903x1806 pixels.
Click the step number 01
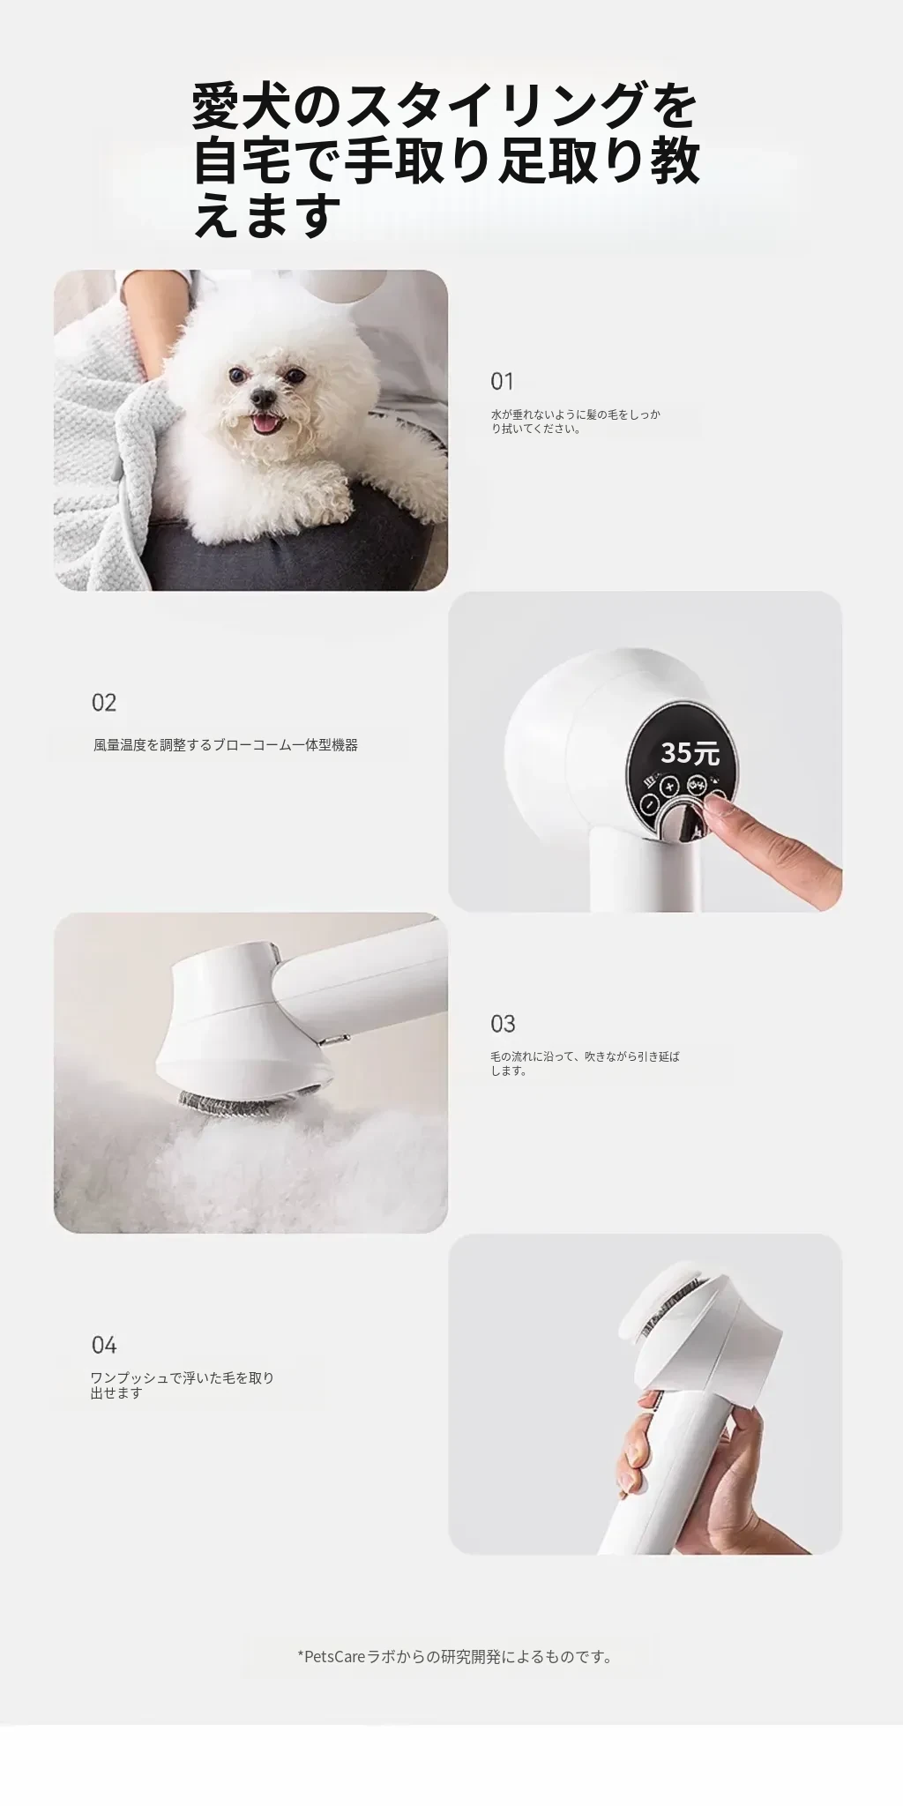[502, 382]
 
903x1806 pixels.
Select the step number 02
[104, 703]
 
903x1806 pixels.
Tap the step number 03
[503, 1024]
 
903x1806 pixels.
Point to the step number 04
[104, 1345]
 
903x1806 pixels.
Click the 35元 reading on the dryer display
[690, 753]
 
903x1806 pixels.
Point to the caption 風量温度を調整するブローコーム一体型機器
[226, 745]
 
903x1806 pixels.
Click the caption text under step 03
[586, 1063]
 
